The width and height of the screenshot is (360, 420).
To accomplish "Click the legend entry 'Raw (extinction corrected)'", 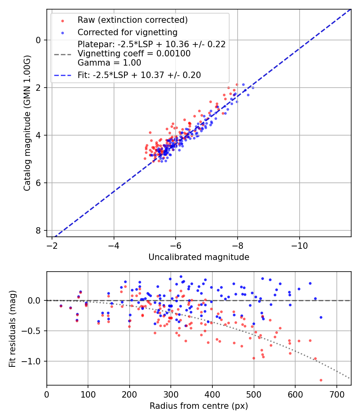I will (132, 20).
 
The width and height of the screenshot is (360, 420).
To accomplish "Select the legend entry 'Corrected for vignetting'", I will (127, 32).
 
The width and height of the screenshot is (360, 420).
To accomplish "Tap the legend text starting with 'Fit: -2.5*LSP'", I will (139, 75).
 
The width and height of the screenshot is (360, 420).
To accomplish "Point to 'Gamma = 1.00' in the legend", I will (109, 62).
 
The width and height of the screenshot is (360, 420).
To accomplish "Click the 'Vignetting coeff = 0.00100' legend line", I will (134, 53).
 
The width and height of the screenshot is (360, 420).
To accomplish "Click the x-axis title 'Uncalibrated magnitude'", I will (199, 257).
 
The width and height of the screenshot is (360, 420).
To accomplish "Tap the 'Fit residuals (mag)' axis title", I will (12, 328).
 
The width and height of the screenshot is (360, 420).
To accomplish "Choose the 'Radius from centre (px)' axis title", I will (199, 406).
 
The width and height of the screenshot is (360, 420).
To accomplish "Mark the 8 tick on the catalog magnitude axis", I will (39, 231).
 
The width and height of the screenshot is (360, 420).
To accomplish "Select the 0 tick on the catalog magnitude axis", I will (39, 40).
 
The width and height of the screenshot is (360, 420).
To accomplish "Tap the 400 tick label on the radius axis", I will (212, 394).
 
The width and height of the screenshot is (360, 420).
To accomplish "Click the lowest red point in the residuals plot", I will (321, 380).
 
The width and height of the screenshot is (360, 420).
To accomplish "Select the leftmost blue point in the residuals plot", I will (61, 306).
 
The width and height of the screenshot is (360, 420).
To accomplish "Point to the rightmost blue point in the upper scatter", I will (252, 88).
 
